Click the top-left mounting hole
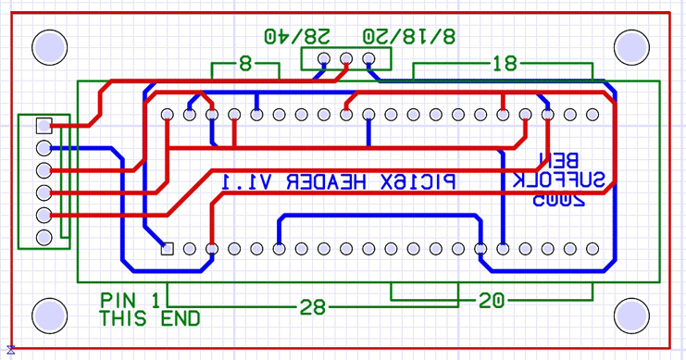(x=49, y=46)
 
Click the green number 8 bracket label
(x=245, y=65)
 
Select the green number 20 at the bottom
(x=492, y=301)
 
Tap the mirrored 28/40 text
(x=296, y=36)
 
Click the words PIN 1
(x=130, y=301)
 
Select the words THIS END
(x=150, y=319)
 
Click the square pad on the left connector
(x=43, y=125)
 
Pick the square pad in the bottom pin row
(x=168, y=248)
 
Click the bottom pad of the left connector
(x=43, y=238)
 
